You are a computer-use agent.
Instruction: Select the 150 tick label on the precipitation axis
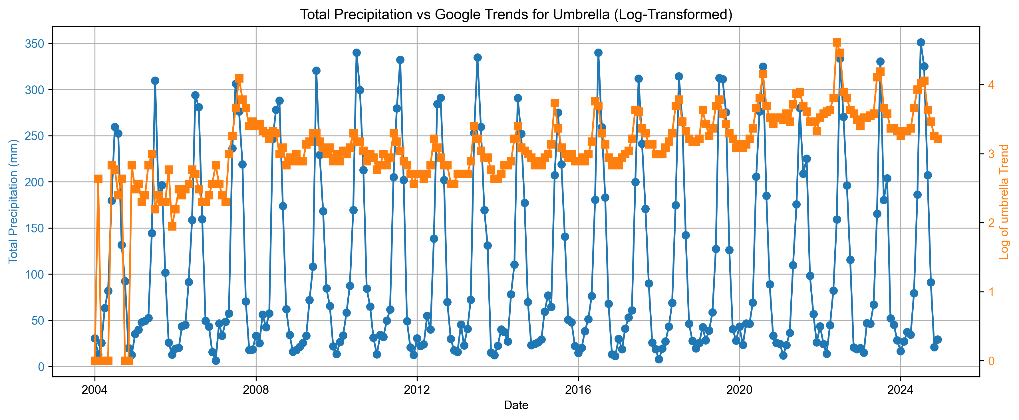click(35, 228)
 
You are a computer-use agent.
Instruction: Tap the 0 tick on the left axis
click(41, 367)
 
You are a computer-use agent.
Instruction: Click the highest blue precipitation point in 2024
click(921, 42)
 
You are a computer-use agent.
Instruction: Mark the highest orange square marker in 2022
click(837, 42)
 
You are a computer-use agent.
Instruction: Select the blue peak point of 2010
click(357, 53)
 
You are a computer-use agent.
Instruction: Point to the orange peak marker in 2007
click(239, 78)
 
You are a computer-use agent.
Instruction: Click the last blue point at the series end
click(938, 340)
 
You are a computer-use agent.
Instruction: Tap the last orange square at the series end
click(938, 139)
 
